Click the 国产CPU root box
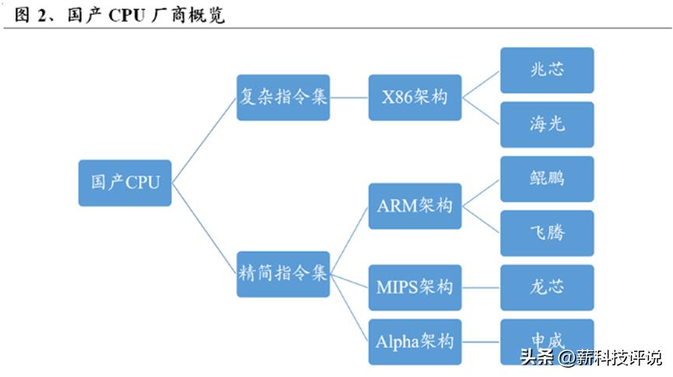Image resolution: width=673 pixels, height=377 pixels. (x=124, y=182)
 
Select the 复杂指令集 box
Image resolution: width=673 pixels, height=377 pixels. (x=282, y=97)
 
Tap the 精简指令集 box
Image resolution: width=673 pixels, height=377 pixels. (x=282, y=273)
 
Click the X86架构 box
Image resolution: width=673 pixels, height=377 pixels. (x=415, y=97)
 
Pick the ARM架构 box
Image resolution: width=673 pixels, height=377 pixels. (x=415, y=206)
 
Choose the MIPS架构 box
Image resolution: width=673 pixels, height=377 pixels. (x=415, y=287)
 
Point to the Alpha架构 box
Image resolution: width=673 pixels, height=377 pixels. (x=415, y=341)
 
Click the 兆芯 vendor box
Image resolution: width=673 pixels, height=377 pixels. (x=546, y=70)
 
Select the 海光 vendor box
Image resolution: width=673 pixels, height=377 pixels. (x=546, y=125)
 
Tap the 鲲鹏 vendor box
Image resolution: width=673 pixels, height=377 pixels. (x=546, y=178)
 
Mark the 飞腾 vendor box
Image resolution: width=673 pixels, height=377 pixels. (x=546, y=233)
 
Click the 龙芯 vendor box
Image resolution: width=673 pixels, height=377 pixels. (x=546, y=287)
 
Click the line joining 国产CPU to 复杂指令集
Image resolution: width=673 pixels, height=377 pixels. (x=204, y=140)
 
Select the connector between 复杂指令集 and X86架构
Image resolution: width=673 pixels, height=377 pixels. (x=349, y=97)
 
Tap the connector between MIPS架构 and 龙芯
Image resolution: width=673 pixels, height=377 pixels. (x=481, y=287)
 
